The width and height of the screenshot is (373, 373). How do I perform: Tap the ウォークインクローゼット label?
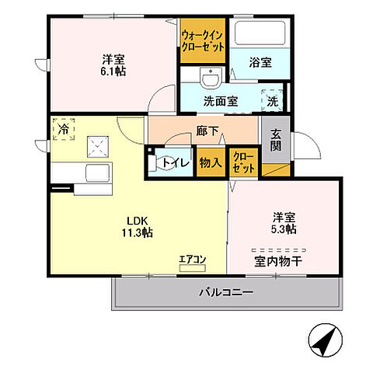203,40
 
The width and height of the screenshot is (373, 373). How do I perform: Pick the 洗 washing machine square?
274,99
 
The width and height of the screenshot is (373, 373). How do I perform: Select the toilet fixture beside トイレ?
153,163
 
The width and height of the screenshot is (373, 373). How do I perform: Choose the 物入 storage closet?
210,163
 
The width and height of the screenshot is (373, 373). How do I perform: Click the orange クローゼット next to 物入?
244,163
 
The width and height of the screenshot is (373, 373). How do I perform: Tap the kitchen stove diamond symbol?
96,144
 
